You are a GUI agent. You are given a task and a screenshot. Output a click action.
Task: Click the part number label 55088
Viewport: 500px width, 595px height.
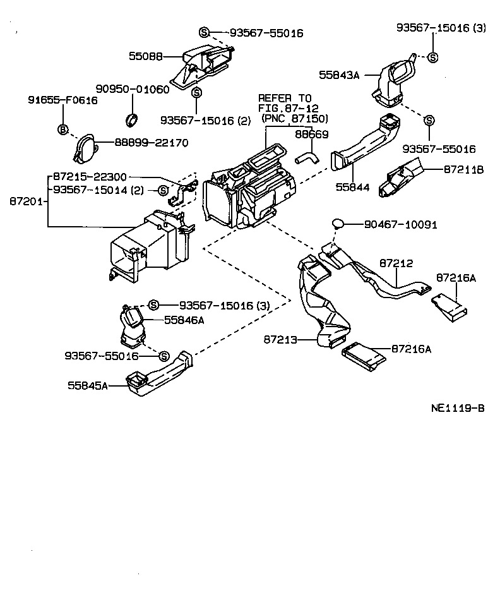[x=146, y=56]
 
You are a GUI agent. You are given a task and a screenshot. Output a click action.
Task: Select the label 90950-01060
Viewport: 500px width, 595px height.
[x=133, y=89]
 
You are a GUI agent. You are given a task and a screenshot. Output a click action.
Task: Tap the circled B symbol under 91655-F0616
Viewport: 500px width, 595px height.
[x=63, y=130]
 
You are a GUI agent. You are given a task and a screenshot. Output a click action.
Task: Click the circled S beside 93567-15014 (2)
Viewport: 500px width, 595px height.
[x=162, y=189]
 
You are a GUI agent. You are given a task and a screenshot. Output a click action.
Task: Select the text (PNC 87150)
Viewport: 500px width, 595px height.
[x=294, y=118]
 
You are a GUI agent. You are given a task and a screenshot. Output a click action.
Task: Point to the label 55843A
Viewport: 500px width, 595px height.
[x=339, y=75]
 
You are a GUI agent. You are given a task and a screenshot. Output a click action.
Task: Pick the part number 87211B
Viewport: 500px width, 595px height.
[x=463, y=169]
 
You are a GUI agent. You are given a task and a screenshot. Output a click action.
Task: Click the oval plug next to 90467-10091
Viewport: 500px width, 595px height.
[x=338, y=223]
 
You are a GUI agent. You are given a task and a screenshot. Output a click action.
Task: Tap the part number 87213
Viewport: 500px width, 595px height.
[x=280, y=340]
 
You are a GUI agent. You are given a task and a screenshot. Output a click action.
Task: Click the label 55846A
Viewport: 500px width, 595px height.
[x=184, y=320]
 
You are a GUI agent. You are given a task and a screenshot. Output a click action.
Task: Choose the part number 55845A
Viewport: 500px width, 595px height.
[x=88, y=385]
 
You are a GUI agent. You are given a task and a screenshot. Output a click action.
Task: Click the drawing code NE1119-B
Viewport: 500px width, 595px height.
[x=458, y=408]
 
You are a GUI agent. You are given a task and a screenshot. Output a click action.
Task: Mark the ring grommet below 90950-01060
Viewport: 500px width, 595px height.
[x=132, y=118]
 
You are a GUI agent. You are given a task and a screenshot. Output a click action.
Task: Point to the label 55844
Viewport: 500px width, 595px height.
[x=352, y=188]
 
